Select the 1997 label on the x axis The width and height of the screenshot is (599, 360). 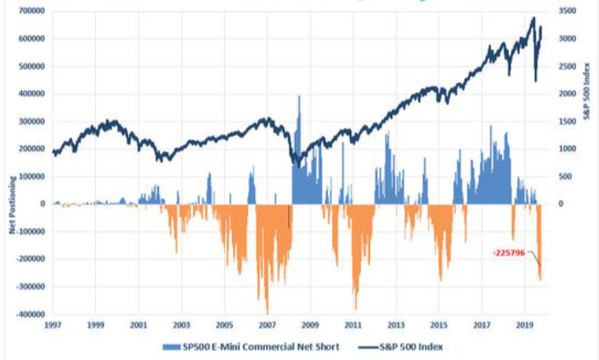(x=54, y=325)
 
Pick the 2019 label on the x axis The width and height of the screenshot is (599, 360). (x=525, y=325)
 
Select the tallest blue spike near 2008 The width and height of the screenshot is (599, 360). (x=299, y=98)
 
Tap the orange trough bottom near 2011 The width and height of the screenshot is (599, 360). (x=355, y=307)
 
